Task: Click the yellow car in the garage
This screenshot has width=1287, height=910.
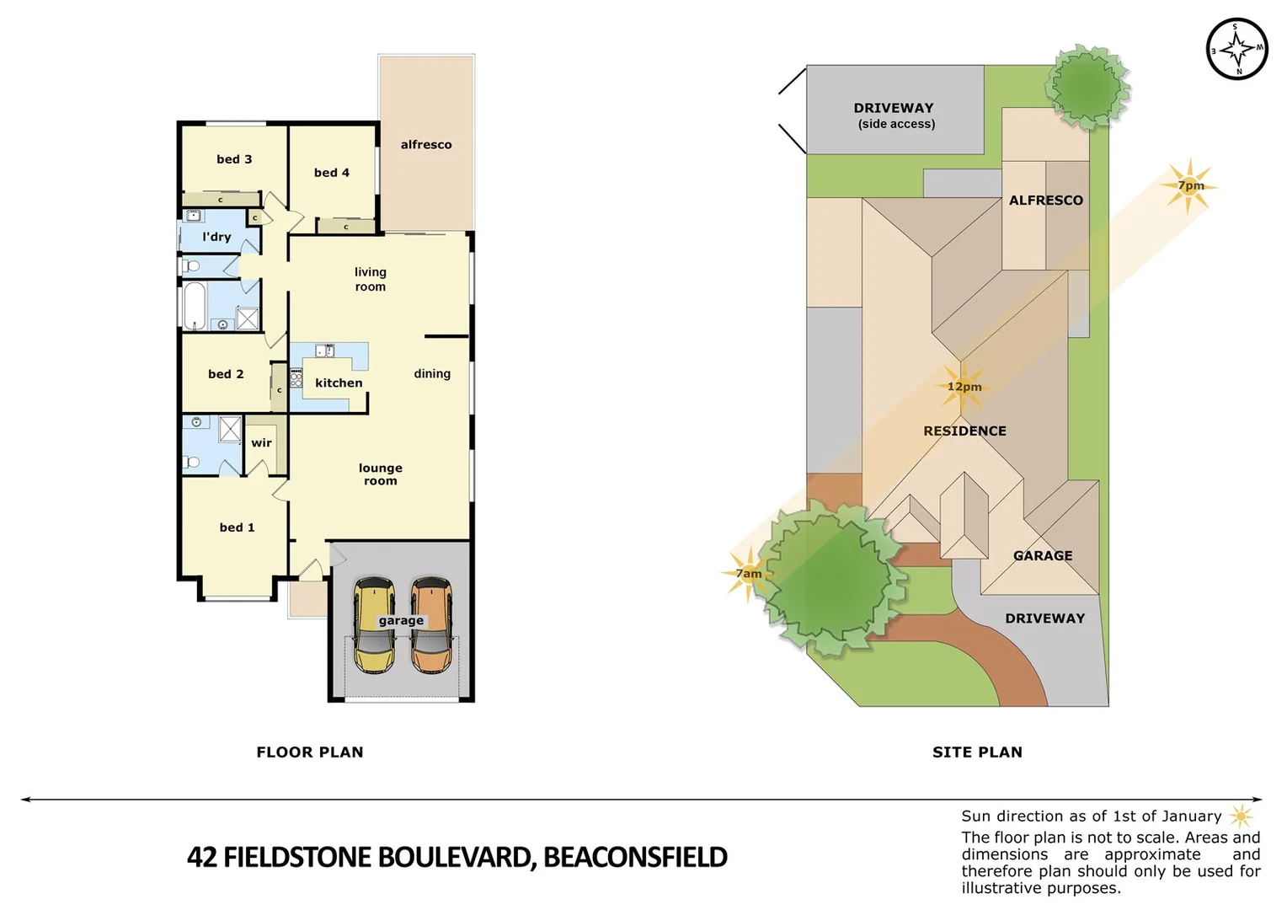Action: (374, 624)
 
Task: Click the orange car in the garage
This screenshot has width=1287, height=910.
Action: (431, 624)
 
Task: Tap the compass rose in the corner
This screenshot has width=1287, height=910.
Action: (1236, 49)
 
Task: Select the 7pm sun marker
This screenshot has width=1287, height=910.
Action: (1189, 185)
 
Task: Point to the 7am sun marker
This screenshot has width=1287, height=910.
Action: (748, 574)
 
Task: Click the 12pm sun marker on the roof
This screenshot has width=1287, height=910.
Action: (963, 387)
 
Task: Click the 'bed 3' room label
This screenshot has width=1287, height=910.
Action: (234, 159)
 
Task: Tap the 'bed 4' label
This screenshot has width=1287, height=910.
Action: (331, 173)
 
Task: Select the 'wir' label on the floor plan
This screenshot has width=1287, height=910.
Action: (261, 443)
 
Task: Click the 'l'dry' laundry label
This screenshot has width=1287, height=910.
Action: (216, 237)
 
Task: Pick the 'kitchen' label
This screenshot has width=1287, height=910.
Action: (339, 383)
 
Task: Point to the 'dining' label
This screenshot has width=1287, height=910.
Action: (432, 374)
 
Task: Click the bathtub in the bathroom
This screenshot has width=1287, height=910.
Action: (195, 306)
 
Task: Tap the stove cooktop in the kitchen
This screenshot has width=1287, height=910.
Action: (296, 377)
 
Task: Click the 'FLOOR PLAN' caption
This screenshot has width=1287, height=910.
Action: (310, 752)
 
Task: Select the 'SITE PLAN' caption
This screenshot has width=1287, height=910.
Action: (977, 752)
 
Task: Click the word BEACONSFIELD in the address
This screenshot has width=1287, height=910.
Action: (635, 857)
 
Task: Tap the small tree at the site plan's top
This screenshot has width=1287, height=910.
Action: (1087, 87)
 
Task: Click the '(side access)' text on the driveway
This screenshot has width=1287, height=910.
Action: (896, 124)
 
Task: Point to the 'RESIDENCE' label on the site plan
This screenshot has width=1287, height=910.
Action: (964, 431)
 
